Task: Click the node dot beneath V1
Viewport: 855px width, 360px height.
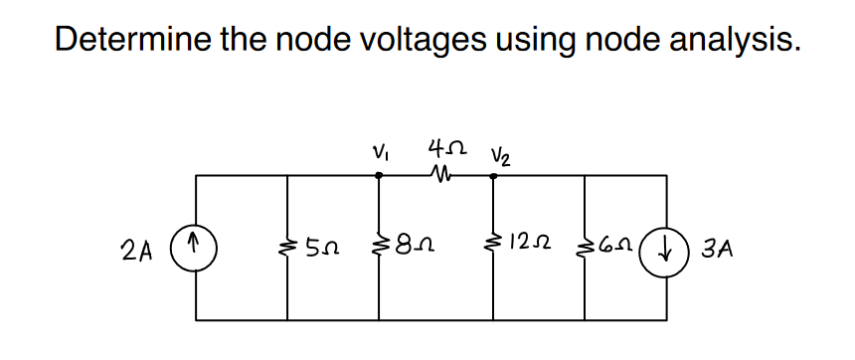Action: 379,175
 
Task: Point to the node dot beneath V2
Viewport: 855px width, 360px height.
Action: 494,175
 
